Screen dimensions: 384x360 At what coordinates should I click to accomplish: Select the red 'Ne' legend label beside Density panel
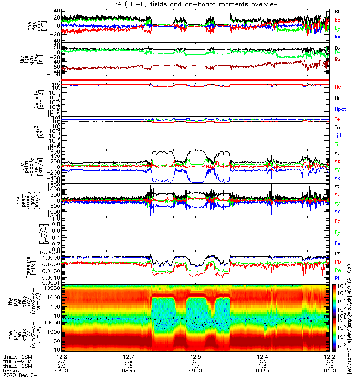point(337,86)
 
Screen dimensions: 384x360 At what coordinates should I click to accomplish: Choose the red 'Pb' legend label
point(337,262)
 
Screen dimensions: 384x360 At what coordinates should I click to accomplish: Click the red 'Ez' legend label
point(337,221)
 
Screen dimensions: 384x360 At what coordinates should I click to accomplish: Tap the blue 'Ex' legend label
point(337,244)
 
